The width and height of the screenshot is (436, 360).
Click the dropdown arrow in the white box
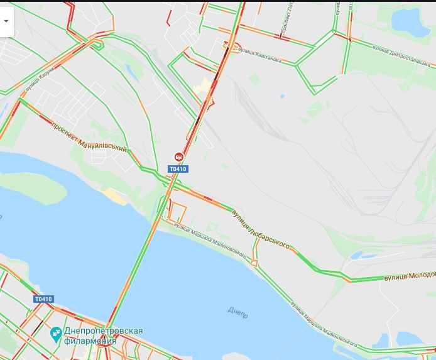[x=6, y=20]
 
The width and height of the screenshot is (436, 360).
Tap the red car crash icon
[x=179, y=157]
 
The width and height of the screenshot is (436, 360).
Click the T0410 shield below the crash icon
[x=178, y=169]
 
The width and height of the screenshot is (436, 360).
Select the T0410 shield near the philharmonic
[x=43, y=299]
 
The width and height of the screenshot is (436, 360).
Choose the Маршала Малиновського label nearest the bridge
[x=210, y=236]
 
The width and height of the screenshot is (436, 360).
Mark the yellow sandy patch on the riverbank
[x=116, y=196]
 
